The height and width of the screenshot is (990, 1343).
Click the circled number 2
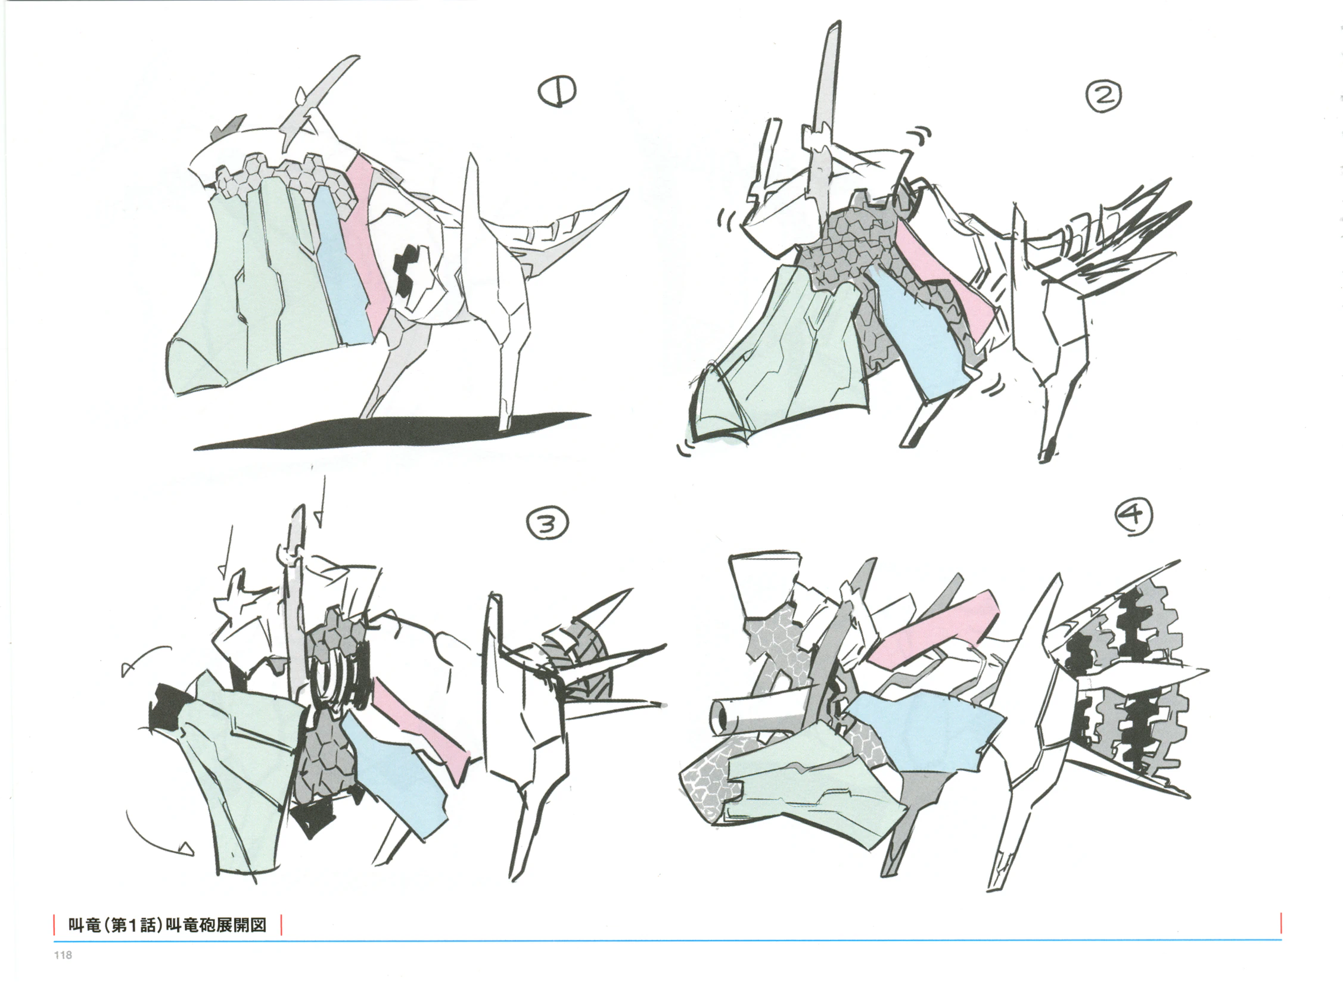point(1103,95)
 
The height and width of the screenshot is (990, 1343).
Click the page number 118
point(63,955)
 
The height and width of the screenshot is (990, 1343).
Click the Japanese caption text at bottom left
point(167,925)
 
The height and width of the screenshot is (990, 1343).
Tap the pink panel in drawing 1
point(372,239)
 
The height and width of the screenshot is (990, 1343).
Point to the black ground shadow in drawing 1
point(393,431)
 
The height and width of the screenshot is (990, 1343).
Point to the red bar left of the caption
point(55,924)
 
